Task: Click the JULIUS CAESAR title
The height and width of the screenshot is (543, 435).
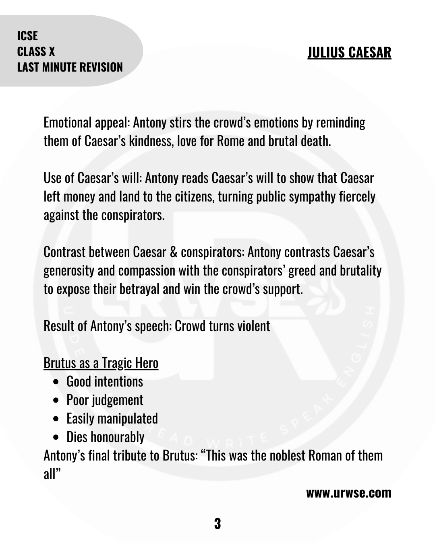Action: coord(349,52)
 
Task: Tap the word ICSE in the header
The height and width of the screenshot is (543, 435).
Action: coord(27,36)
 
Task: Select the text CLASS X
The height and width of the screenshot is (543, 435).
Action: coord(36,51)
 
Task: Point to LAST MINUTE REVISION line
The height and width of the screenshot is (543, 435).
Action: coord(70,67)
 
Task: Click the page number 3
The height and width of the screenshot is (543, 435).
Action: coord(217,524)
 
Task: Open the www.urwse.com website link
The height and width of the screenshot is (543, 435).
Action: coord(349,493)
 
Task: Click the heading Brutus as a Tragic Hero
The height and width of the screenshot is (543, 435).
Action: coord(101,363)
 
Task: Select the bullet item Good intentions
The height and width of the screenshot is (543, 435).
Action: coord(105,381)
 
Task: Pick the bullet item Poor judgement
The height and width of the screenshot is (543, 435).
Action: coord(105,400)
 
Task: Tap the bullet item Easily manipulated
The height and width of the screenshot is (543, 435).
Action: coord(112,418)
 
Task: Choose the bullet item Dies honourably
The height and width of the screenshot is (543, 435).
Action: coord(105,437)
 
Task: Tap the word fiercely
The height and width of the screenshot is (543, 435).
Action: coord(357,197)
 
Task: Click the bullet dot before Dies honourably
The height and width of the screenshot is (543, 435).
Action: coord(56,437)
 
